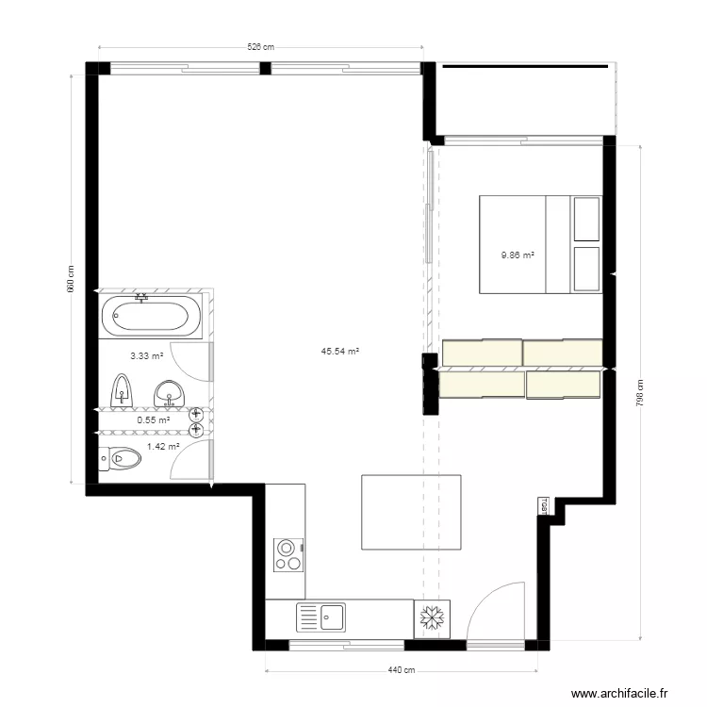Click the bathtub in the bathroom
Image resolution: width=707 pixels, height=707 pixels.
(150, 317)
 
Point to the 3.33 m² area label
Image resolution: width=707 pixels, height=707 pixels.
(146, 356)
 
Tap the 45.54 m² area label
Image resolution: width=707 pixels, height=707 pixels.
(340, 352)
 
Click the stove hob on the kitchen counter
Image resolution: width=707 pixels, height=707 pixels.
(288, 554)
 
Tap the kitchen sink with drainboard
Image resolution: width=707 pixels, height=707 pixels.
(321, 618)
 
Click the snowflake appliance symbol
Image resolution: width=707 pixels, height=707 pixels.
(433, 618)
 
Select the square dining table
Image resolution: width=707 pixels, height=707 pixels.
(412, 512)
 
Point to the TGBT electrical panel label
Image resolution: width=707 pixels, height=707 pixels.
(544, 505)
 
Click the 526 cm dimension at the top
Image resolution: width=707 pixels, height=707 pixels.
(260, 46)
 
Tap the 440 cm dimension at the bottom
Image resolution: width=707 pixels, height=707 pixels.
(403, 670)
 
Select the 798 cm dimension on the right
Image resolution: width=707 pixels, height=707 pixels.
(640, 390)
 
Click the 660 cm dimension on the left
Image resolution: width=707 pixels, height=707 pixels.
(71, 279)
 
